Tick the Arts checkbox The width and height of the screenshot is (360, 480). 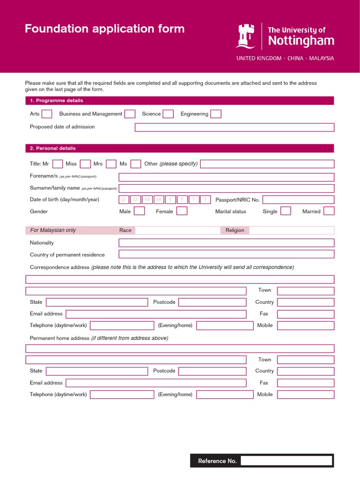point(47,114)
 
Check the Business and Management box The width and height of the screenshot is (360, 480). point(130,114)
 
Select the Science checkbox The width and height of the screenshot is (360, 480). point(168,114)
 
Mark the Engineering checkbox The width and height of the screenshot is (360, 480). point(216,114)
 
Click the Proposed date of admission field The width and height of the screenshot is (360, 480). point(234,127)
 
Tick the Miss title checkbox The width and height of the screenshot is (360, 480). point(85,164)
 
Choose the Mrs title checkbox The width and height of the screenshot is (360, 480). point(111,164)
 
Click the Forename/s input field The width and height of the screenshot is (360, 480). point(226,177)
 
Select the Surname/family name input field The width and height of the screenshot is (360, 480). point(226,188)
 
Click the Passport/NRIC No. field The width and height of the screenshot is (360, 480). point(298,200)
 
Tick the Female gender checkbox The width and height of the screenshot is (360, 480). point(182,211)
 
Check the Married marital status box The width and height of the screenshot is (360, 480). point(329,211)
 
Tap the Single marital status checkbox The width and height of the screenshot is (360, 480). point(285,211)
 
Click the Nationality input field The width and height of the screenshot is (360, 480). point(226,243)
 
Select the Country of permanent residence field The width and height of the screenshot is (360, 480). point(226,254)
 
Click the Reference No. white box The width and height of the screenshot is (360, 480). point(286,461)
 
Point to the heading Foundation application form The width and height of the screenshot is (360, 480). point(105,29)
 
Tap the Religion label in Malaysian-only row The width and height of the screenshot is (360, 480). point(235,230)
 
